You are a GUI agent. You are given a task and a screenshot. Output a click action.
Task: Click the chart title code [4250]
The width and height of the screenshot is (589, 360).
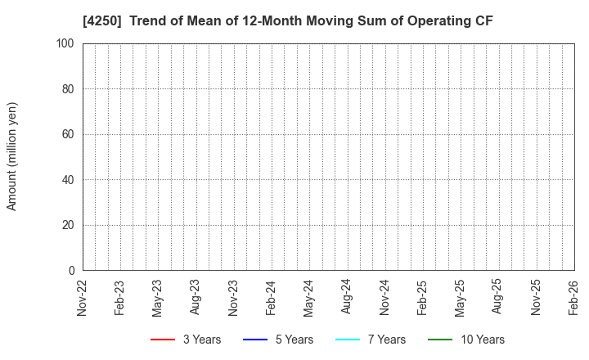pos(104,21)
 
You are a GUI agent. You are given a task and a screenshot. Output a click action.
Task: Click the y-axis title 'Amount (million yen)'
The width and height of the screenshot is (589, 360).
pos(12,156)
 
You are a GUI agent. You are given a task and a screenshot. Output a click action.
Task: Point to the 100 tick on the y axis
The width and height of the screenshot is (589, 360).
pos(66,43)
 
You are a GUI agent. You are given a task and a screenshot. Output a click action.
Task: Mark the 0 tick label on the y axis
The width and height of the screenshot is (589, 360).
pos(72,270)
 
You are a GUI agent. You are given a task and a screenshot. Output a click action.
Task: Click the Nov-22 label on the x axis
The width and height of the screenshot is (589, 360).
pos(83,296)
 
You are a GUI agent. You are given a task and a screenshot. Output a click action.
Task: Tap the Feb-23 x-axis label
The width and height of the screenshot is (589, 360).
pos(120,296)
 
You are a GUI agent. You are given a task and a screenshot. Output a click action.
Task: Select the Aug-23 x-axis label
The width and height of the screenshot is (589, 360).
pos(196,296)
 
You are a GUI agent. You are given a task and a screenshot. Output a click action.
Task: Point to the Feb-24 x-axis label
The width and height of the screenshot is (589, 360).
pos(272,296)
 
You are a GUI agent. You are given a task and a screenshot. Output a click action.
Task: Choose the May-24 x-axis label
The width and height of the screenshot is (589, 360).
pos(309,296)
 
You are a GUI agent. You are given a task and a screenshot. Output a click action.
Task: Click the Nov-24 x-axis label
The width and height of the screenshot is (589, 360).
pos(385,296)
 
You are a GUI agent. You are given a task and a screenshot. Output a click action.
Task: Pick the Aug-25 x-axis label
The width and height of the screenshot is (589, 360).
pos(498,296)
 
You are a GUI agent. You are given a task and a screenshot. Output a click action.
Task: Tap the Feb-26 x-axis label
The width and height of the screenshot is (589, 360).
pos(574,296)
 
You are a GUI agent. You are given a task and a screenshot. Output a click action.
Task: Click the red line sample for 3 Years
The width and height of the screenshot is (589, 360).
pos(163,340)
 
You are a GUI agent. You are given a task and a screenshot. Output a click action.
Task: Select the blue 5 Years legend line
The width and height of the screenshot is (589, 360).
pos(255,340)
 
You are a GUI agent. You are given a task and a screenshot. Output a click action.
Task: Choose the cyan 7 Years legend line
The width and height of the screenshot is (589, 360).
pos(348,340)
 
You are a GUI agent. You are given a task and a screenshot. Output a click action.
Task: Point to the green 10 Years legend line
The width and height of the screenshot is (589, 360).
pos(440,340)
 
